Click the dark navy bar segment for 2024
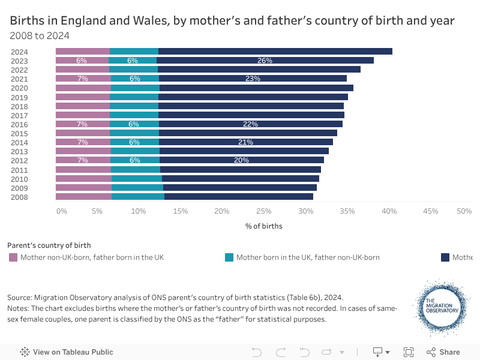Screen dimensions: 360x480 coord(275,52)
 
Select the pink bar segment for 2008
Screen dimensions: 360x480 coord(83,197)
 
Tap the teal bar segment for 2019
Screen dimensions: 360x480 coord(134,97)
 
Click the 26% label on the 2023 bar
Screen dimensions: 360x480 coord(265,61)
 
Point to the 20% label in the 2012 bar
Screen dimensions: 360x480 coord(241,160)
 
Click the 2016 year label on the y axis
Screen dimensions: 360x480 coord(19,124)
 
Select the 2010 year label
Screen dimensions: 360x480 coord(19,179)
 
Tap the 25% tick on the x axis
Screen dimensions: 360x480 coord(264,211)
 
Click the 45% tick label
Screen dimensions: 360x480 coord(431,211)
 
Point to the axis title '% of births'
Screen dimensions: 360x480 coord(263,226)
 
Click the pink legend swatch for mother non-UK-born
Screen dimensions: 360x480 coord(13,257)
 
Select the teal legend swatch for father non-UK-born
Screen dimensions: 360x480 coord(229,257)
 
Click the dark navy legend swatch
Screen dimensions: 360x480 coord(445,257)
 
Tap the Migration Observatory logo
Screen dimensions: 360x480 coord(442,307)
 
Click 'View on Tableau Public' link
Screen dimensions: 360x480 coord(67,352)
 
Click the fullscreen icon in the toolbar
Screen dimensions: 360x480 coord(409,352)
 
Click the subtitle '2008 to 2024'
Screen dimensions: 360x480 coord(40,36)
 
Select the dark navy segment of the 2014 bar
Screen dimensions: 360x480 coord(245,142)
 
